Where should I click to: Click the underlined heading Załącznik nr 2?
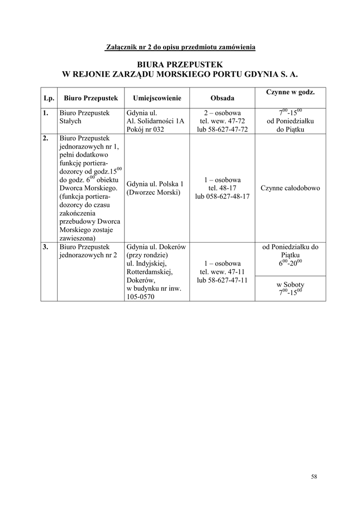click(x=180, y=47)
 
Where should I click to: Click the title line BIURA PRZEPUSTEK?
click(x=180, y=65)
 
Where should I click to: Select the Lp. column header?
click(x=49, y=98)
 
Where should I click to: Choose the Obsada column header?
click(x=222, y=98)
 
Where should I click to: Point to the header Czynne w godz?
click(x=290, y=92)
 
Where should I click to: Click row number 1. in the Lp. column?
click(x=46, y=113)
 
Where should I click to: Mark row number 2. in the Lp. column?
click(x=46, y=138)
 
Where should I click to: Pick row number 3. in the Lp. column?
click(x=46, y=247)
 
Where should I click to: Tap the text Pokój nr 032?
click(x=145, y=129)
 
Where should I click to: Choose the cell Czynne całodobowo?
click(x=290, y=188)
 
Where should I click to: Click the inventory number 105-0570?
click(x=141, y=297)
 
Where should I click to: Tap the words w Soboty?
click(x=290, y=284)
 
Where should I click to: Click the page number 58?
click(x=314, y=476)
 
